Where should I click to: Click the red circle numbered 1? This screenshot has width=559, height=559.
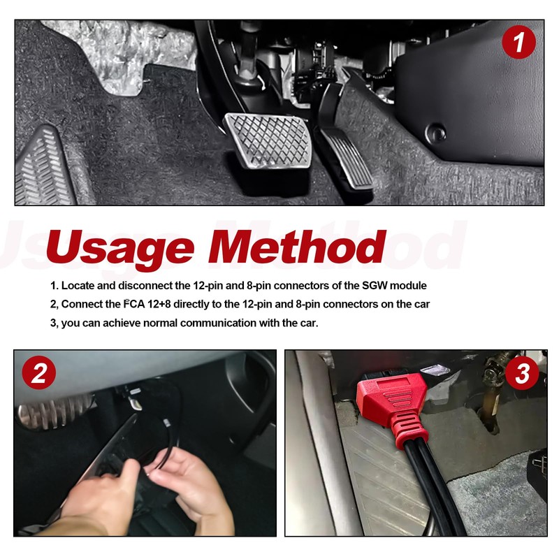coord(518,42)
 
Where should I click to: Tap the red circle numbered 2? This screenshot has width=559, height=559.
coord(39,372)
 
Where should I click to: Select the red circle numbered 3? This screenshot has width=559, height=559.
coord(522,373)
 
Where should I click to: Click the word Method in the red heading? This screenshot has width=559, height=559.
coord(296,245)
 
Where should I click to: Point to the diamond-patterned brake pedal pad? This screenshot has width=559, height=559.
coord(268,141)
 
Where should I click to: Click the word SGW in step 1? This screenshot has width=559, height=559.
coord(374,286)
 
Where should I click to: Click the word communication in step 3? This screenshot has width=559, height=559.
coord(218,323)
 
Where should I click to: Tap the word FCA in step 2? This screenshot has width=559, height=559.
coord(134,304)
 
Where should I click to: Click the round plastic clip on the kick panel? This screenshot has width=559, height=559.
coord(435,132)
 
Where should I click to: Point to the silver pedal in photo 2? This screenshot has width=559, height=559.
coord(54,410)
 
